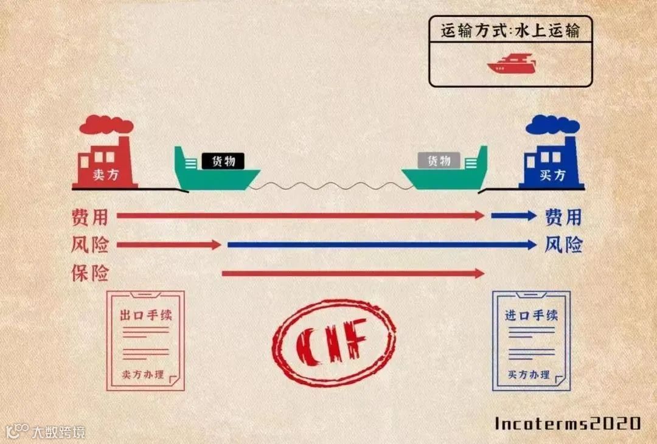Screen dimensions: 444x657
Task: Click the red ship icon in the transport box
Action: click(511, 64)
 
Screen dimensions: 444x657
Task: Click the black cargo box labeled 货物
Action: click(223, 161)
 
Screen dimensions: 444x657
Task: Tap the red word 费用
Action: click(89, 216)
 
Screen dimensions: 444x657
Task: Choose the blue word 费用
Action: click(563, 216)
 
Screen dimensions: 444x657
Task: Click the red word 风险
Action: click(89, 245)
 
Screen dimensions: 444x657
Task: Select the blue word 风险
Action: click(563, 245)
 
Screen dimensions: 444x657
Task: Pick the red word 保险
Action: click(89, 274)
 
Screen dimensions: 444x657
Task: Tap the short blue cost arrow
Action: click(513, 216)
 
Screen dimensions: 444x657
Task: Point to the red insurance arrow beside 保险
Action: click(353, 274)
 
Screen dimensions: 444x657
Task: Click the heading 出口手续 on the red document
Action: click(145, 316)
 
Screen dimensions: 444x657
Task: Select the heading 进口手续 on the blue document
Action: click(531, 316)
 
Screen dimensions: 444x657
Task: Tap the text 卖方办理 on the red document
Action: click(143, 374)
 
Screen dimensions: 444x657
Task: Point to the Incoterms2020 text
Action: click(568, 423)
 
